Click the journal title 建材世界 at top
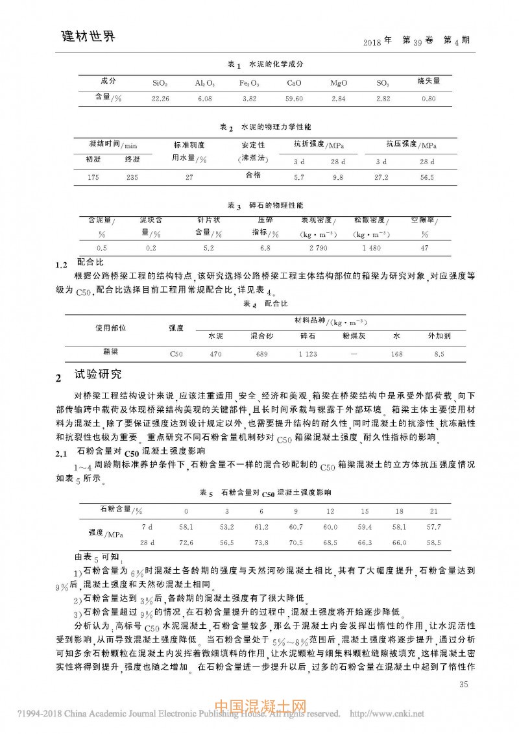[x=84, y=36]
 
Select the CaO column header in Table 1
[x=294, y=84]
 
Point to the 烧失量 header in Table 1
[x=428, y=82]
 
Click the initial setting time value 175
[x=95, y=177]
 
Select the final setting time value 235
[x=132, y=177]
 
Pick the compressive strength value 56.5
[x=426, y=177]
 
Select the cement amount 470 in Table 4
[x=215, y=354]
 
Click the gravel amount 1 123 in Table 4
[x=308, y=354]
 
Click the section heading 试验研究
[x=97, y=375]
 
